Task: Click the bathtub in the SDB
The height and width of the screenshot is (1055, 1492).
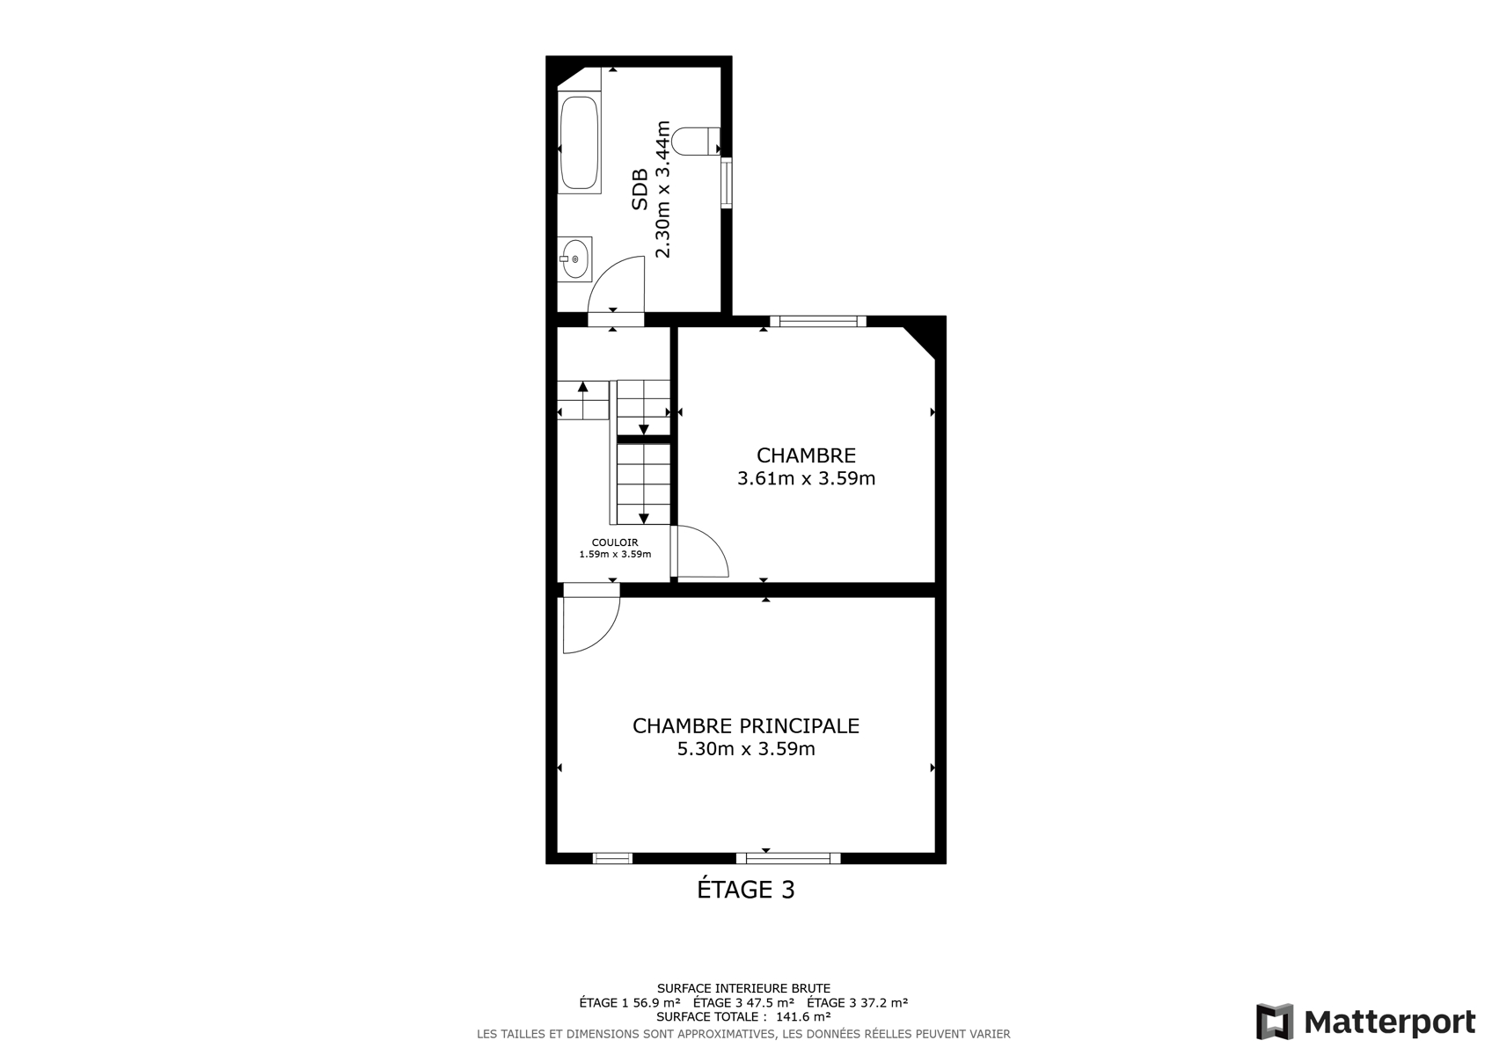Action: pos(579,144)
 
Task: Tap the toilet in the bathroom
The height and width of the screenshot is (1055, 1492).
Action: pos(696,142)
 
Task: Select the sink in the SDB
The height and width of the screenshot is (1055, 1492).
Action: pos(574,259)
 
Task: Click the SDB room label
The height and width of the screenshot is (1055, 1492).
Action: pos(640,190)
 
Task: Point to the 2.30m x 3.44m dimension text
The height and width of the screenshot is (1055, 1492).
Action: pos(662,189)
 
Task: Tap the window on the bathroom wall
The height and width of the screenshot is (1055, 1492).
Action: pos(726,183)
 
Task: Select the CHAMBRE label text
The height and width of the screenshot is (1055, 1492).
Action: pos(806,455)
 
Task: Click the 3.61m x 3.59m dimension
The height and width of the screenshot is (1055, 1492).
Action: pos(806,478)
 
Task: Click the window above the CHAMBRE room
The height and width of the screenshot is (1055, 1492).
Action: pos(818,322)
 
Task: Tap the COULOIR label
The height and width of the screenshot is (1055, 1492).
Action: pos(615,542)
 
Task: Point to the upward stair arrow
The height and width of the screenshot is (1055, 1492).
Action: pos(582,400)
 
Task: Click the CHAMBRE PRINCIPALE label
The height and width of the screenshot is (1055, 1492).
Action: pos(746,725)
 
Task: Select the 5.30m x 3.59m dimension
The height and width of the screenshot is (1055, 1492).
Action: pos(746,749)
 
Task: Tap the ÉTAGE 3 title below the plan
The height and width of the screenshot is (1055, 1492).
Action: pos(746,889)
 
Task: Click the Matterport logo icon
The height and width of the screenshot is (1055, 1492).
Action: pos(1275,1022)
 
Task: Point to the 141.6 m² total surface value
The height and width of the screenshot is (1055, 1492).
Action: pos(803,1016)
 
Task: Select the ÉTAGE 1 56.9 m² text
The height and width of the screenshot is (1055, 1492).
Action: pos(630,1002)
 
